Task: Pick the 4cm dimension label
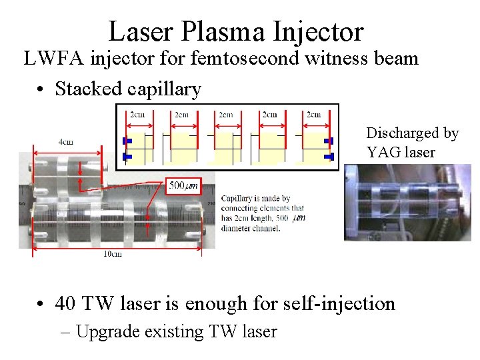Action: click(66, 142)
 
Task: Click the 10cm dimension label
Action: click(112, 253)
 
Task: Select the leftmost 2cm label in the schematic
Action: click(137, 114)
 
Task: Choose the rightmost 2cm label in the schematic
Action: click(313, 114)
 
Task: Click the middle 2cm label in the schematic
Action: click(225, 114)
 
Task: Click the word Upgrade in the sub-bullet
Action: click(106, 331)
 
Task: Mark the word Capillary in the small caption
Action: click(237, 199)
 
